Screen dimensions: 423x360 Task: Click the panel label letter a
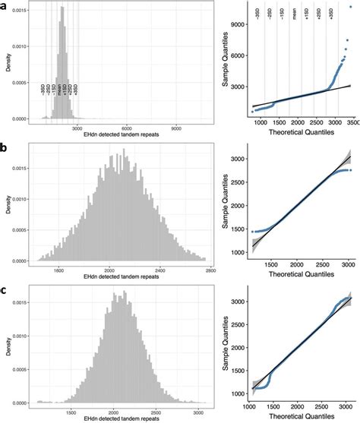(x=6, y=7)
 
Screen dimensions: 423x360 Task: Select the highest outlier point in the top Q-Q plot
(x=350, y=8)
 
